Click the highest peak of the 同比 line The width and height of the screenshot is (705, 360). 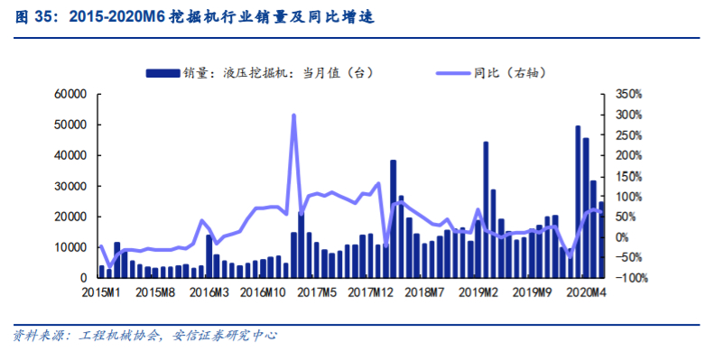[294, 115]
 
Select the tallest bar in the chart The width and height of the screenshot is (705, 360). [578, 200]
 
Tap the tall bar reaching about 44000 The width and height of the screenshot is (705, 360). [486, 209]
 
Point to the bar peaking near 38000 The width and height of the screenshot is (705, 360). [394, 218]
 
